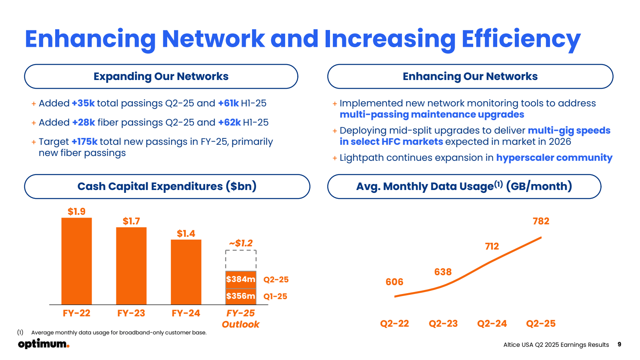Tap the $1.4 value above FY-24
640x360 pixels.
tap(186, 234)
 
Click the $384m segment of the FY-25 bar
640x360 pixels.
tap(241, 279)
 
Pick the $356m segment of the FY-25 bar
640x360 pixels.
tap(241, 296)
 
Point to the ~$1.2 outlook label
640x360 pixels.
tap(241, 243)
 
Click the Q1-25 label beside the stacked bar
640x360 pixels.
tap(275, 296)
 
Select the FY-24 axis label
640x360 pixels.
tap(186, 313)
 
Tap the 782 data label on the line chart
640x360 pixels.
tap(541, 221)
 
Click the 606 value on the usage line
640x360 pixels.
tap(394, 282)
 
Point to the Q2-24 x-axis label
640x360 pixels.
tap(492, 324)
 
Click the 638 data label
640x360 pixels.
tap(443, 272)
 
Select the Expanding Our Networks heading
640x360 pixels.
tap(161, 76)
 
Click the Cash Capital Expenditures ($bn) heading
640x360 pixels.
tap(167, 186)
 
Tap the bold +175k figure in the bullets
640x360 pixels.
tap(84, 142)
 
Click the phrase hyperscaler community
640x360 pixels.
tap(554, 158)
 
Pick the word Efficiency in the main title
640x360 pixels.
tap(521, 39)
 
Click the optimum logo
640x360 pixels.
tap(44, 344)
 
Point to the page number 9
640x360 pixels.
tap(619, 344)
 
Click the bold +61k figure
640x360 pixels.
tap(228, 103)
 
